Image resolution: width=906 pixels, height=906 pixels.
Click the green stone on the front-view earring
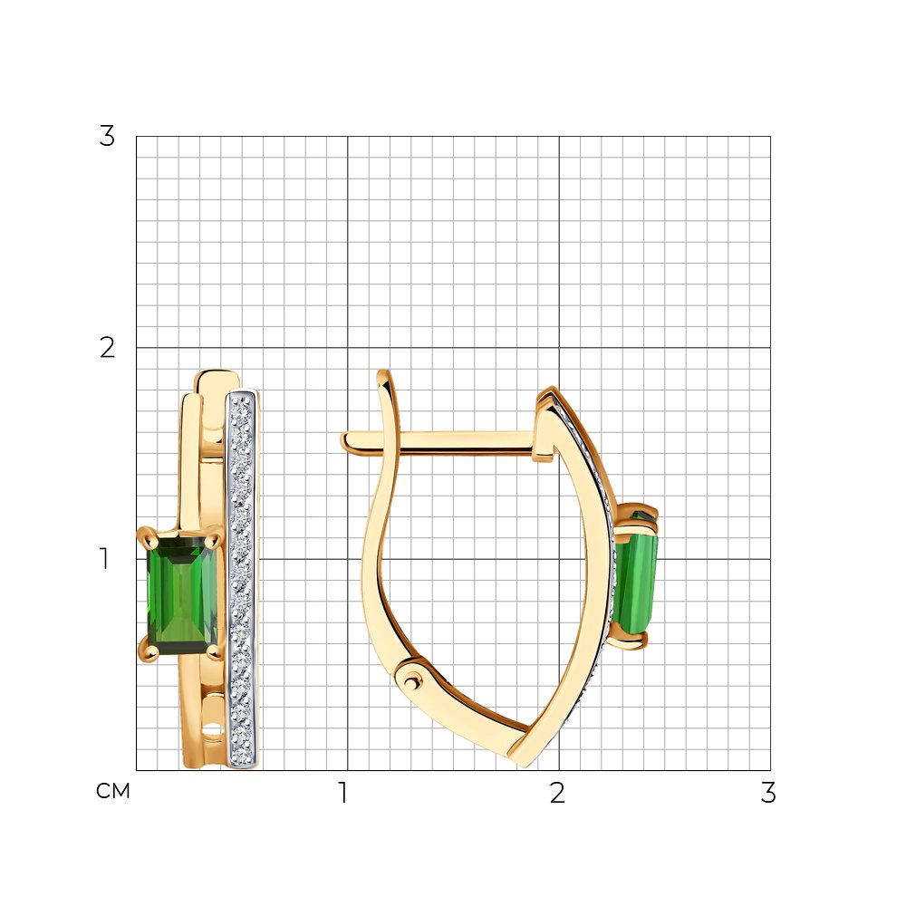click(x=181, y=596)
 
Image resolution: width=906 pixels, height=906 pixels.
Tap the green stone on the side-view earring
click(x=636, y=578)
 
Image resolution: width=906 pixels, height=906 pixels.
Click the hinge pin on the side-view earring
click(x=410, y=682)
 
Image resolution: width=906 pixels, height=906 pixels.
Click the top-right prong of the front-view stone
click(x=212, y=538)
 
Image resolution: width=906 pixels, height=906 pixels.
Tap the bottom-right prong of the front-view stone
click(x=213, y=651)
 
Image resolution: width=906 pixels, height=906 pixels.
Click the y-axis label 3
click(x=107, y=137)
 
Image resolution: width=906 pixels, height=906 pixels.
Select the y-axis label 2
click(x=107, y=348)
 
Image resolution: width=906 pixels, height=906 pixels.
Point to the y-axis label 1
click(x=104, y=559)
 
